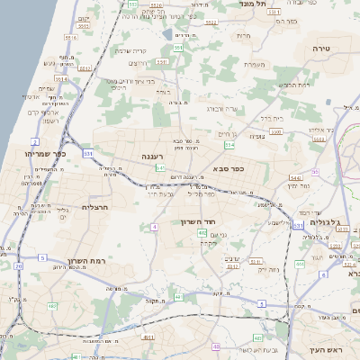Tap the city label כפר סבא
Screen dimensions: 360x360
[x=227, y=168]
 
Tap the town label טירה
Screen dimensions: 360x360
[x=323, y=47]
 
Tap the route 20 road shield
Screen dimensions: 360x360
[x=19, y=265]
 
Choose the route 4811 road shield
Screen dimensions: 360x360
[x=148, y=337]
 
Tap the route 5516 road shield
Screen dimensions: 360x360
[x=72, y=38]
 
